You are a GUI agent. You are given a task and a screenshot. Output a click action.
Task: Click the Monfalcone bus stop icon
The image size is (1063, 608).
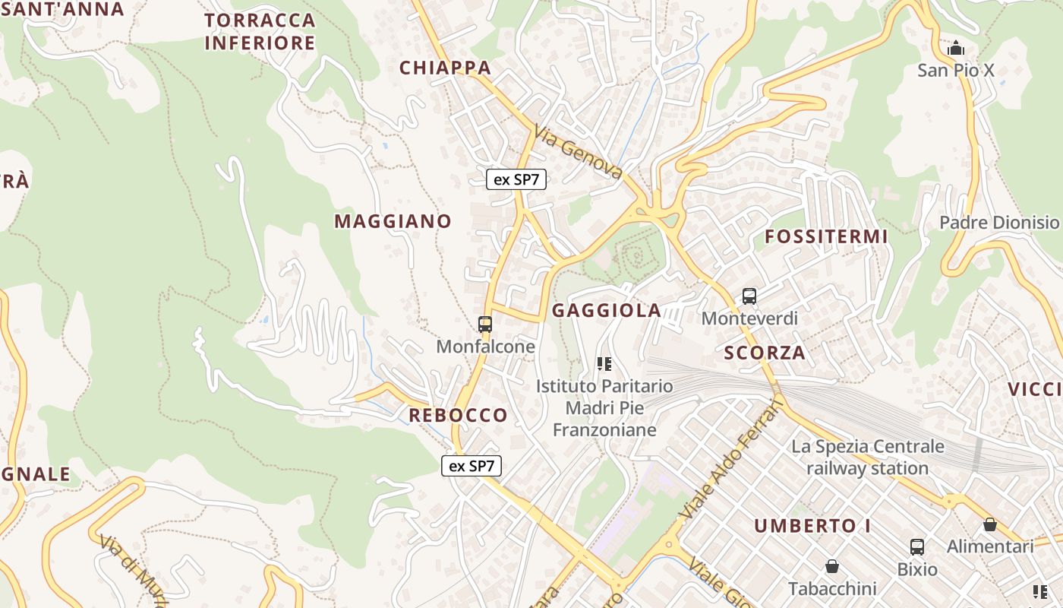[x=485, y=325]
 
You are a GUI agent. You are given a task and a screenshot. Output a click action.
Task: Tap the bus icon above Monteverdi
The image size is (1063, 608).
[x=749, y=296]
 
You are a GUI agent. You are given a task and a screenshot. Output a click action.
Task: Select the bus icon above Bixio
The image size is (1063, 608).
[x=917, y=546]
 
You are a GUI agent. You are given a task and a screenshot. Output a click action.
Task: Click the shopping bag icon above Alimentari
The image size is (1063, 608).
[x=990, y=524]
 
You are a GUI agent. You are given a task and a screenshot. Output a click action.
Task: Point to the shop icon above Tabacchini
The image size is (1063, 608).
[x=832, y=566]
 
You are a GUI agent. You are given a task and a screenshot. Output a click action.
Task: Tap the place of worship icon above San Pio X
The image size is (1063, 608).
[x=956, y=49]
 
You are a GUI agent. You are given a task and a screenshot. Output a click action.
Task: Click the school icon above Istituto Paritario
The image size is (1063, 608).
[x=604, y=364]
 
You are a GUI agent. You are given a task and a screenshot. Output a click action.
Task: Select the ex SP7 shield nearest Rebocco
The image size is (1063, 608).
[x=472, y=466]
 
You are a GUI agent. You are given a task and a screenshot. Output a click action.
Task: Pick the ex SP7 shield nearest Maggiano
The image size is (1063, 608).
[x=516, y=179]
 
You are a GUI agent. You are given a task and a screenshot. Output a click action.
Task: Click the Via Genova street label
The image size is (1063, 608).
[x=578, y=152]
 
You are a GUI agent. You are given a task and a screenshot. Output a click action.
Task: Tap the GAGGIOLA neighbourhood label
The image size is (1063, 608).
[x=607, y=310]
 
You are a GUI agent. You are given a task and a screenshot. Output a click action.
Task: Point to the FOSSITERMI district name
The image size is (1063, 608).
[x=826, y=236]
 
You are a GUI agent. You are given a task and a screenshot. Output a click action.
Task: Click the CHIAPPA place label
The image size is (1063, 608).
[x=446, y=68]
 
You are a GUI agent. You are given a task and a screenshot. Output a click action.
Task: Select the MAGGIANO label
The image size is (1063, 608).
[x=393, y=221]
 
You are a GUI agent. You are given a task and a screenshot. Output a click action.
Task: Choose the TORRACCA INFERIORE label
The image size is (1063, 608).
[x=260, y=31]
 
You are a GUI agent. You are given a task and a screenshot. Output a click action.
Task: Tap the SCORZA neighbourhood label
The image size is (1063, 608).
[x=765, y=353]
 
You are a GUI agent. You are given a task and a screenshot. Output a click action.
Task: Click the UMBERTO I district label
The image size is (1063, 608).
[x=812, y=526]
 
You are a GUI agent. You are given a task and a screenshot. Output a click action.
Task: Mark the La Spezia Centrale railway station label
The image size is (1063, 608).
[x=868, y=457]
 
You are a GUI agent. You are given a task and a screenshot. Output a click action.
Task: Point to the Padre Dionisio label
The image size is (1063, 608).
[x=999, y=223]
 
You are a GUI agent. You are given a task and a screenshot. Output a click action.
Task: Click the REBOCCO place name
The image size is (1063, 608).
[x=458, y=415]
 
